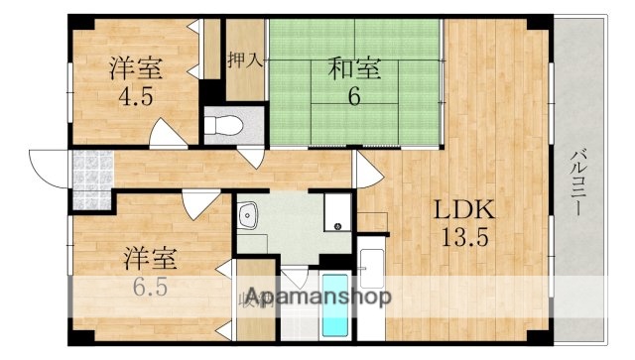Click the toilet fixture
point(226,127)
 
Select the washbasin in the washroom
point(248,213)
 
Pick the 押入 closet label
point(244,60)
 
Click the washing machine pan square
point(338,210)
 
